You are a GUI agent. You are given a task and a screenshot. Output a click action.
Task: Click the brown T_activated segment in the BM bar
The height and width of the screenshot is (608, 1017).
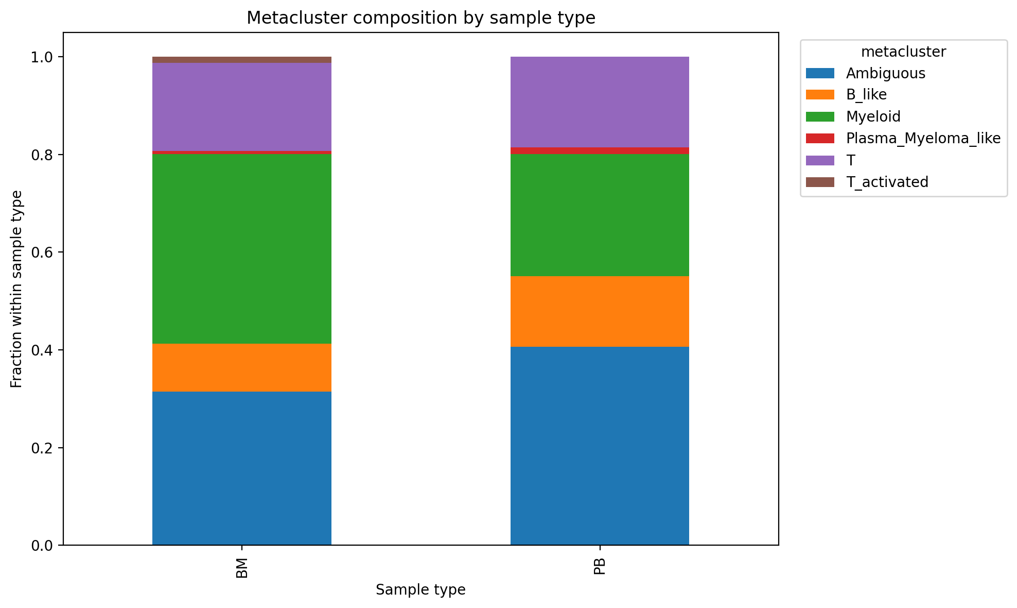pos(241,60)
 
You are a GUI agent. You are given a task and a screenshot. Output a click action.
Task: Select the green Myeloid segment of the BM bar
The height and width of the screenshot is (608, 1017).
pos(241,249)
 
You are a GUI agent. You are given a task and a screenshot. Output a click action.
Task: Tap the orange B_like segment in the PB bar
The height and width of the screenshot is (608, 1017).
pos(600,311)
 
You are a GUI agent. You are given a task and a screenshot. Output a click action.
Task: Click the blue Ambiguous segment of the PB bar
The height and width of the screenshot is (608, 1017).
pos(600,446)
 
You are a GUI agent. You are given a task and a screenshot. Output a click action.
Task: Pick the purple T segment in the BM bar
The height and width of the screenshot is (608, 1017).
pos(241,107)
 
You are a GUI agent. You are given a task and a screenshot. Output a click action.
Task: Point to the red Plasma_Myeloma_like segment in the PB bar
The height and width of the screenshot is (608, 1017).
pos(600,151)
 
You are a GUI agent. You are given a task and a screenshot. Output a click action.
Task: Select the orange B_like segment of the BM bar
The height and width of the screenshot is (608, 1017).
pos(241,367)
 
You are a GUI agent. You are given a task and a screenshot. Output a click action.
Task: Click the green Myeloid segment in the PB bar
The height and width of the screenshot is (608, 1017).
pos(600,215)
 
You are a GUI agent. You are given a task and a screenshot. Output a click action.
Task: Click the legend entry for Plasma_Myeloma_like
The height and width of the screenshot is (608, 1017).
pos(923,139)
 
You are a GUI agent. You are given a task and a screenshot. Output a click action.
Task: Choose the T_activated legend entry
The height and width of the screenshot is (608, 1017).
pos(887,182)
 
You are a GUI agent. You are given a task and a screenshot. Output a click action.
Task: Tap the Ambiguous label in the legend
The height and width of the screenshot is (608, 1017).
pos(885,74)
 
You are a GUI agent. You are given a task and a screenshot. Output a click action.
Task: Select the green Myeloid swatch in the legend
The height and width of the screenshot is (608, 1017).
pos(819,117)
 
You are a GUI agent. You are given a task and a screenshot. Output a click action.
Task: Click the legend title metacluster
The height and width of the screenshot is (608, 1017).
pos(903,52)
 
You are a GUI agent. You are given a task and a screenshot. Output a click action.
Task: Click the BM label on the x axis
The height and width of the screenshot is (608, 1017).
pos(242,567)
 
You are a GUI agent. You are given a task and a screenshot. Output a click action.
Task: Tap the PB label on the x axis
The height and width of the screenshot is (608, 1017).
pos(600,567)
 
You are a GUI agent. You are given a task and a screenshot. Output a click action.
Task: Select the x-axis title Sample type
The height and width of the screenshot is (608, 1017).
pos(420,590)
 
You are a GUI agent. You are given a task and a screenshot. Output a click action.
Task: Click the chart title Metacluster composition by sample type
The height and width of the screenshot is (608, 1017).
pos(420,18)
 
